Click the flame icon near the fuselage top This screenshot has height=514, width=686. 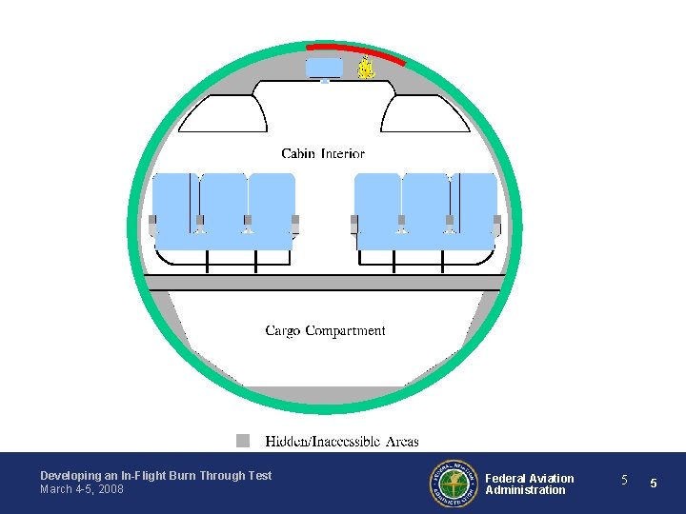(365, 68)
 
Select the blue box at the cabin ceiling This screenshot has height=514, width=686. (324, 68)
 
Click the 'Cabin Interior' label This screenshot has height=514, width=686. (323, 153)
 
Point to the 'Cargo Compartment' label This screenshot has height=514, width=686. (325, 331)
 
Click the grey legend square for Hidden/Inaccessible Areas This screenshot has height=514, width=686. (244, 441)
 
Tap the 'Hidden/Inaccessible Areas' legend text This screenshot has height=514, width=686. (341, 442)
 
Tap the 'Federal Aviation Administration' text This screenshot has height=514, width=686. (530, 484)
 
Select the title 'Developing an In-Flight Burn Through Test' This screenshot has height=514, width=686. (155, 475)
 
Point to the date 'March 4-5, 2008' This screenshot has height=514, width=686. (82, 489)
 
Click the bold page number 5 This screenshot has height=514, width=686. (654, 484)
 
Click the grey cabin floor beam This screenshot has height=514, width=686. (324, 283)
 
